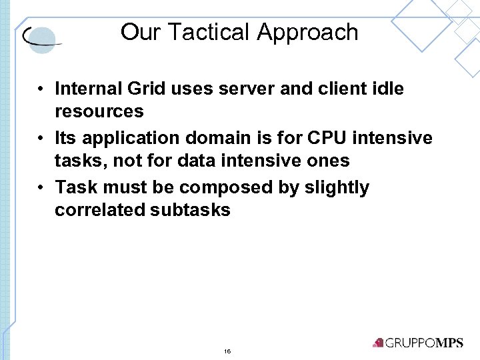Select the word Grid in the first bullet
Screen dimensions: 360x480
click(149, 89)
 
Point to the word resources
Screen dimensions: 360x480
click(99, 111)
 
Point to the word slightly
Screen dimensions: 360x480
click(337, 188)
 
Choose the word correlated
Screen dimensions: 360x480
click(100, 210)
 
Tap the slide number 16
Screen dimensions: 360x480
click(227, 351)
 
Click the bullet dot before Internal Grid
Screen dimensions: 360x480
click(41, 89)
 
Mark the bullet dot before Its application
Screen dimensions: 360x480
click(41, 139)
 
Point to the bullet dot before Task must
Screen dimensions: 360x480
click(41, 189)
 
